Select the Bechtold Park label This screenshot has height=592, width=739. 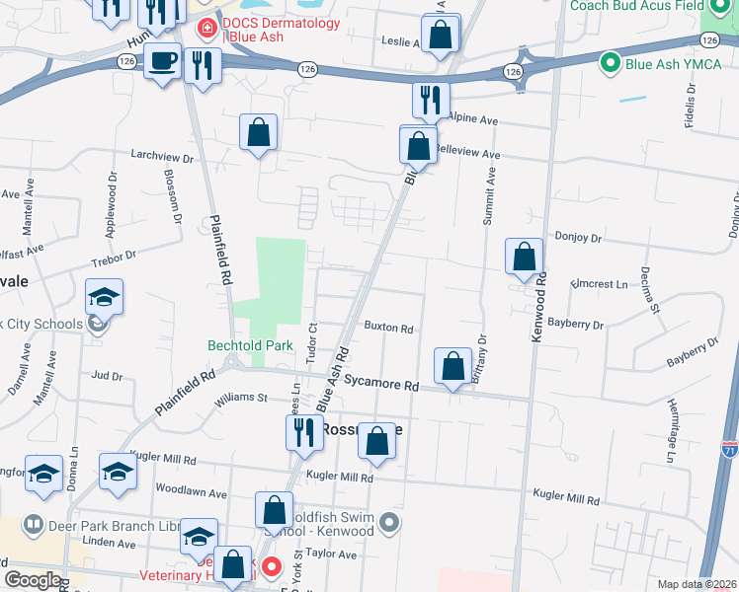250,345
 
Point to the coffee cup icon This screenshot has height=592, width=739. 163,61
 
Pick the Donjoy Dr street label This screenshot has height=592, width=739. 579,238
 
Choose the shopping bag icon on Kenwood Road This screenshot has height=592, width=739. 524,258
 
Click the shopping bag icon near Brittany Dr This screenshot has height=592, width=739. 452,367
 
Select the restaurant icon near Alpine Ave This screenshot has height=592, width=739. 431,100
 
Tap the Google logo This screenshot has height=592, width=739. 33,580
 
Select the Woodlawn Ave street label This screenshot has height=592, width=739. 191,492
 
